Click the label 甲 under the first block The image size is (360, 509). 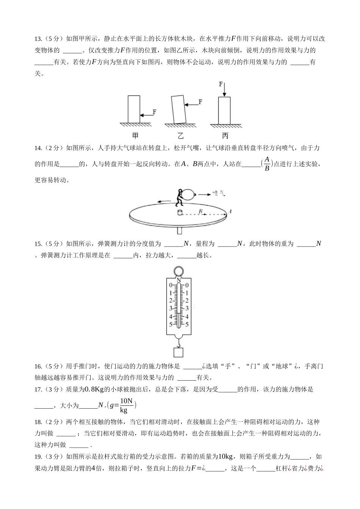(x=135, y=136)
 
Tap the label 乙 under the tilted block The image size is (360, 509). (x=180, y=136)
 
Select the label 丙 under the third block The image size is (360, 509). (x=225, y=136)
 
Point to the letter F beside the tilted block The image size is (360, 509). (x=200, y=102)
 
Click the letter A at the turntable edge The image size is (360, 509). (x=230, y=211)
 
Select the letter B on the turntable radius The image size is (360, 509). (x=201, y=211)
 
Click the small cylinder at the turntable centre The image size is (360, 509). (x=180, y=213)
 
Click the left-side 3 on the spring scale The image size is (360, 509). (x=171, y=309)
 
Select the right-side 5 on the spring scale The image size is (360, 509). (x=187, y=325)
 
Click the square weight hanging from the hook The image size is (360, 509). (x=178, y=352)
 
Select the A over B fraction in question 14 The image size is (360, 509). (x=267, y=164)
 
